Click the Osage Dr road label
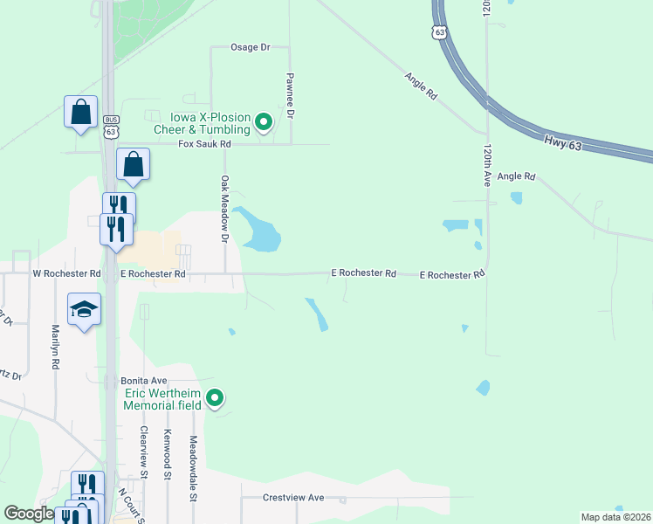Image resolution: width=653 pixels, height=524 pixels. [x=250, y=47]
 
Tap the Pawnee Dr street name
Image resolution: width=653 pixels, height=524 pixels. [x=291, y=96]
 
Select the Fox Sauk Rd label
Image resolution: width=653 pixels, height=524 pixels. [x=204, y=144]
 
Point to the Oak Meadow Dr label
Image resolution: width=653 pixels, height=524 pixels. [x=224, y=209]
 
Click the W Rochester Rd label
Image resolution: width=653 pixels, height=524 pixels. [x=66, y=273]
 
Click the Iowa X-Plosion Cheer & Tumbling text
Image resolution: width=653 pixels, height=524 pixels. [x=202, y=123]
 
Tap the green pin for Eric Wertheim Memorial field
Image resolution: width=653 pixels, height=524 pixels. [x=215, y=399]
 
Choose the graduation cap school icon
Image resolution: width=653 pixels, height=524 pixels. [x=85, y=308]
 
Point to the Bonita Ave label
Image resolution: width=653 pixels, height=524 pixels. [x=143, y=381]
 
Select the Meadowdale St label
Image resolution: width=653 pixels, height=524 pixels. [x=193, y=469]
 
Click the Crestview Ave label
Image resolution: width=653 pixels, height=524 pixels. [x=293, y=498]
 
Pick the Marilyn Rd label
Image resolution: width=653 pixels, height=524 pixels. [x=56, y=347]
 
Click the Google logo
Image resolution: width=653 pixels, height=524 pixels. [x=28, y=514]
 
